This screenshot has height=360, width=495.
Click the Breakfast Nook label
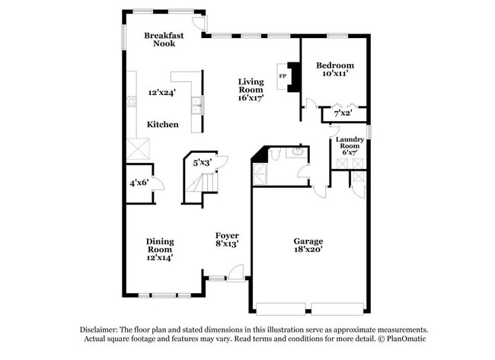tap(164, 40)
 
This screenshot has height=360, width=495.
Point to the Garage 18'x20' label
tap(308, 246)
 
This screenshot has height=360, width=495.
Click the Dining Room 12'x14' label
tap(159, 249)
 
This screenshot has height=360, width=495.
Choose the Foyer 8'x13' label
tap(227, 240)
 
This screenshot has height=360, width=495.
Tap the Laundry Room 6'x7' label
tap(350, 145)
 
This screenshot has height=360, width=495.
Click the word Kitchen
tap(163, 124)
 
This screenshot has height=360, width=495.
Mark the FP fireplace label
tap(283, 76)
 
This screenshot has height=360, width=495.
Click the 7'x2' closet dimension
tap(343, 114)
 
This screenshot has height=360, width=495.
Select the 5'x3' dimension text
tap(202, 162)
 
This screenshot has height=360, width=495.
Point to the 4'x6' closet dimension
tap(138, 183)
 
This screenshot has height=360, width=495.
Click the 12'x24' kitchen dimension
tap(162, 93)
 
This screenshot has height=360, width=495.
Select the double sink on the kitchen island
tap(198, 105)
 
